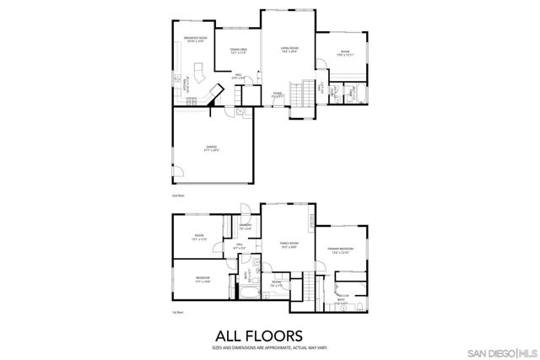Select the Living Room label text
290,50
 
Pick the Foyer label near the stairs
277,94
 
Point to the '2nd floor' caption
177,195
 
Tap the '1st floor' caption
177,311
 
